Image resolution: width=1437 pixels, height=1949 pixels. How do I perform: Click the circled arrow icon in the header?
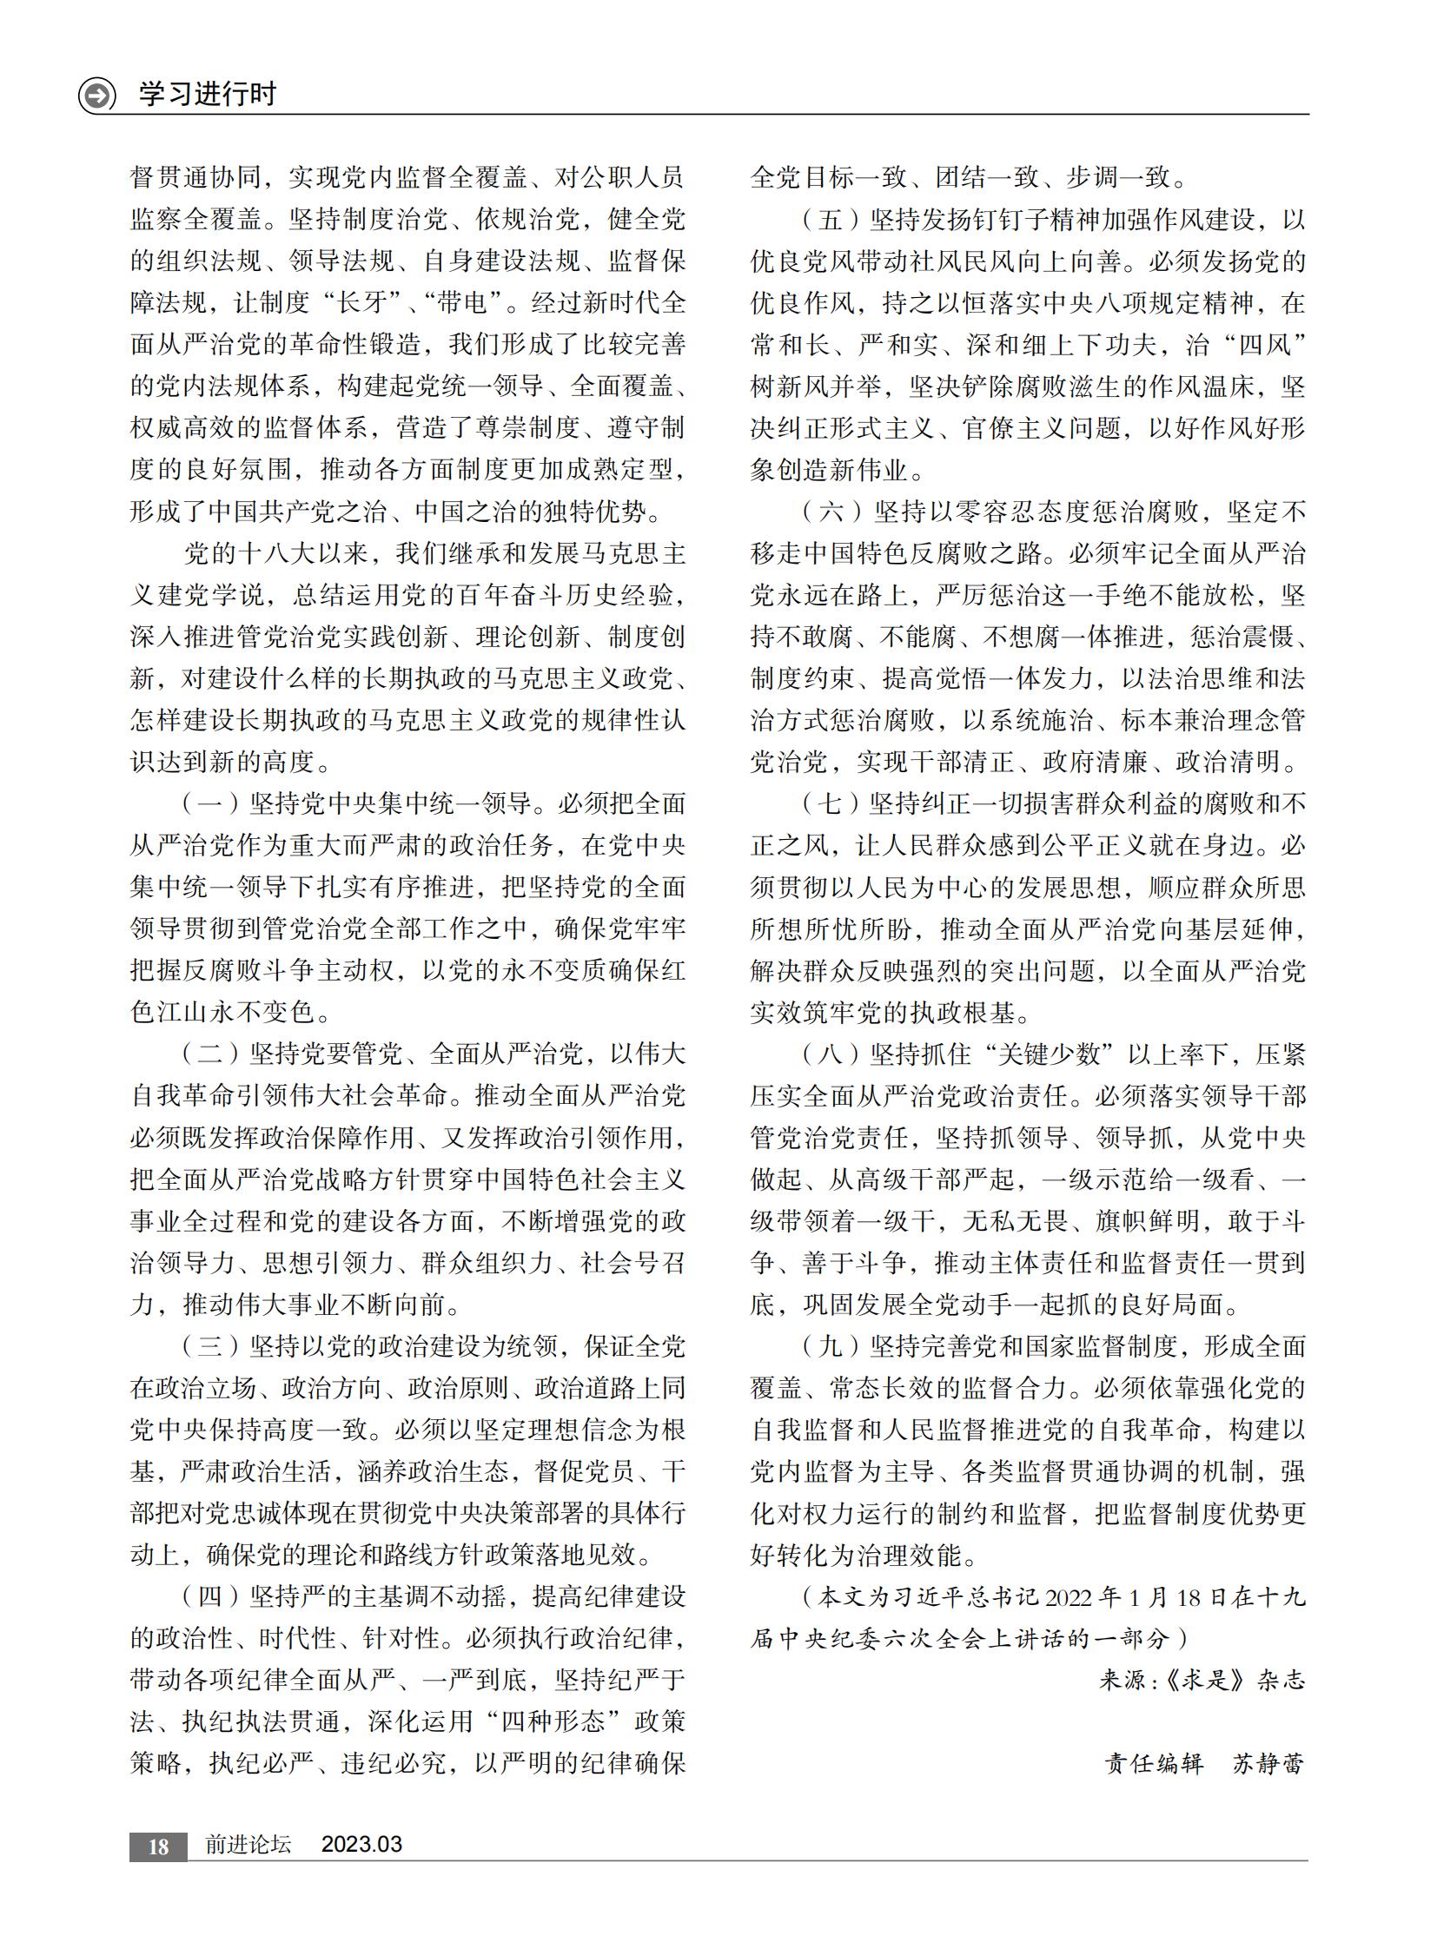coord(96,95)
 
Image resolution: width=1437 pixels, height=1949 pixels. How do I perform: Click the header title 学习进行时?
coord(208,93)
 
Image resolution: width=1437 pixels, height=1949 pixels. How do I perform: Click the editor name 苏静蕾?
coord(1268,1764)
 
